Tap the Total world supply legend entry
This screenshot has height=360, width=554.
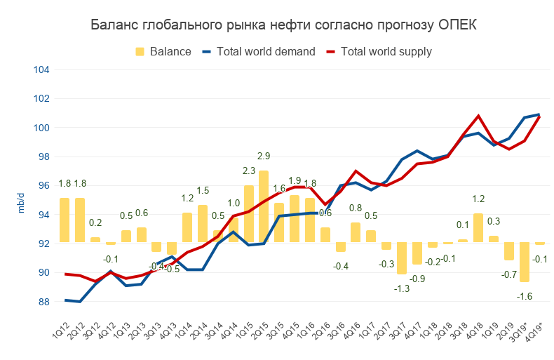(386, 51)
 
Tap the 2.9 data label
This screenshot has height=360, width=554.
(264, 155)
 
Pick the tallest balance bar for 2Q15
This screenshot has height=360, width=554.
(264, 206)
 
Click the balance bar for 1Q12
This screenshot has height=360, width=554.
(65, 220)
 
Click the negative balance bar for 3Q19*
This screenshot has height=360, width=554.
(524, 262)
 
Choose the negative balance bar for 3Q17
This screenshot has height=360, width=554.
(401, 258)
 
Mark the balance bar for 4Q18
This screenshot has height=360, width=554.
(478, 228)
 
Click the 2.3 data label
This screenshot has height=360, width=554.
(248, 171)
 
